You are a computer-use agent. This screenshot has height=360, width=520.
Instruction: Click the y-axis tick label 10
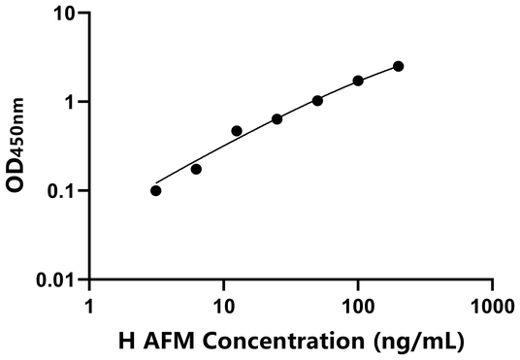point(65,14)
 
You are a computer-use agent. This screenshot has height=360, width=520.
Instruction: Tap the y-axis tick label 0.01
point(58,280)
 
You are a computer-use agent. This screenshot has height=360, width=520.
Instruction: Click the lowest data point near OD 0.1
point(156,190)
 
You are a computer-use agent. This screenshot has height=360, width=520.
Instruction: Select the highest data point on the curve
point(399,66)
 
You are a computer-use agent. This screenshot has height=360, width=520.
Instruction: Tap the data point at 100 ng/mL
point(358,81)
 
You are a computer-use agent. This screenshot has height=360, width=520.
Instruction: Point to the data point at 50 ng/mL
point(317,100)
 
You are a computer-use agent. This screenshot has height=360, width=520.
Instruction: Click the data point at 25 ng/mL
point(277,119)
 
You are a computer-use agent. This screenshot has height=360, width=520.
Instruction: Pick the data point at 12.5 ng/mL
point(237,130)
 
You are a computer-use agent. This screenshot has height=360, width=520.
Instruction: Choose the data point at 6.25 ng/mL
point(196,169)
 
